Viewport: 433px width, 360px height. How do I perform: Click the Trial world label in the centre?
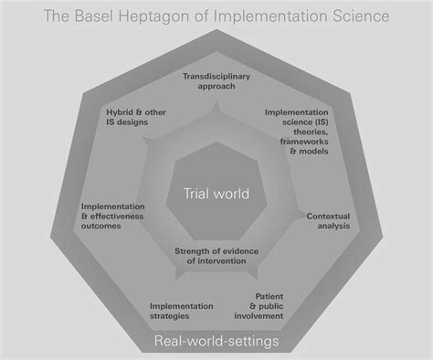point(216,194)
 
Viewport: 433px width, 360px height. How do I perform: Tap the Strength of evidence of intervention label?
point(216,257)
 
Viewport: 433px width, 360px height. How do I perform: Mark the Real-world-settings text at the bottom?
point(216,341)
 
